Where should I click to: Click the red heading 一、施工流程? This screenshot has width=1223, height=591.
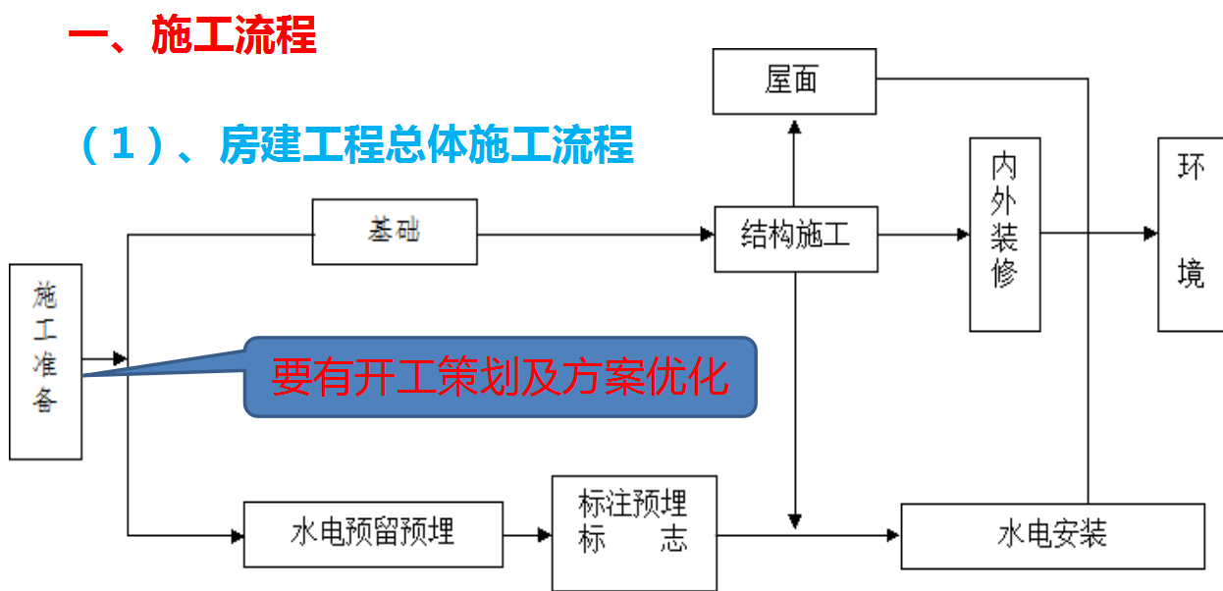coord(192,36)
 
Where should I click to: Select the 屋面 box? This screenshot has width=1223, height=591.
coord(794,81)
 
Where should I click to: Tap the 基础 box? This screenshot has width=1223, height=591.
coord(395,232)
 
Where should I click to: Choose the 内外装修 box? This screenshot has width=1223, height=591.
coord(1004,234)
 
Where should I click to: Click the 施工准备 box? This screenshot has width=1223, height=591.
coord(45,360)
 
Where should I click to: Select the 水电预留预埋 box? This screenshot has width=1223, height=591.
coord(373,534)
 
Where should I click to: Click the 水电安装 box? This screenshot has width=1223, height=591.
coord(1051,535)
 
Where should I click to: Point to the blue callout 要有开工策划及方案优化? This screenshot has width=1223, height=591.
coord(501,377)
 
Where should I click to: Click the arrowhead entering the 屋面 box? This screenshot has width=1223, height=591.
coord(795,123)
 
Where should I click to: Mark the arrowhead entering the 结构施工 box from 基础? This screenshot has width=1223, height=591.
coord(707,235)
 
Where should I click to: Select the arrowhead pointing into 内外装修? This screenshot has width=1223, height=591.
coord(963,235)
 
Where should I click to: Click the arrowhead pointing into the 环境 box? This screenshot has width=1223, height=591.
coord(1150,234)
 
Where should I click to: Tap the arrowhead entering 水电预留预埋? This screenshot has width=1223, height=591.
coord(237,536)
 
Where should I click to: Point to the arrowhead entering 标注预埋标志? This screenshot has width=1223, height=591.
coord(545,536)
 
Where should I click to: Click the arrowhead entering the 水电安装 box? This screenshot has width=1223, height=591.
coord(893,535)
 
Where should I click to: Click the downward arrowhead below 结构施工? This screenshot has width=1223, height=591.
coord(795,520)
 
